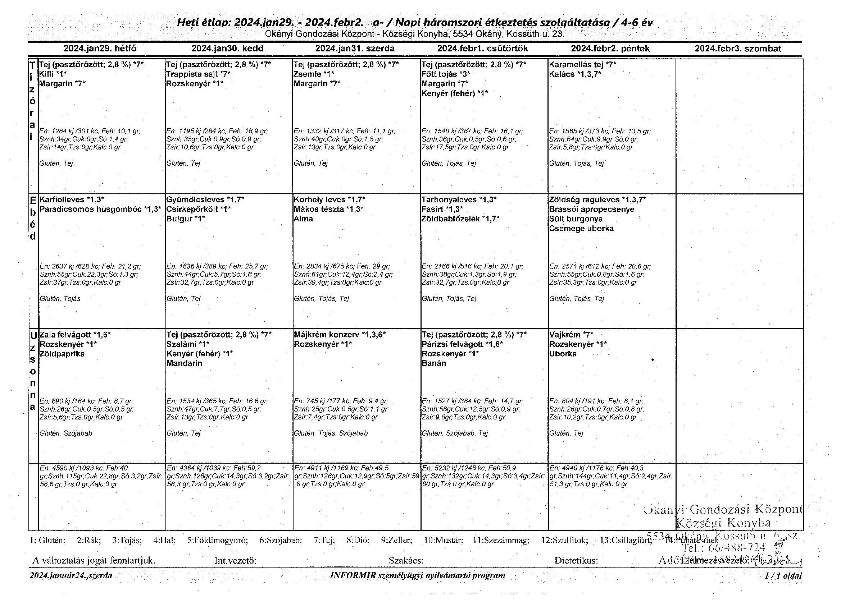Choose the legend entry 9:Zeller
(396, 540)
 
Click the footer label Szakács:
(406, 561)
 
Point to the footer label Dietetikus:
(576, 561)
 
